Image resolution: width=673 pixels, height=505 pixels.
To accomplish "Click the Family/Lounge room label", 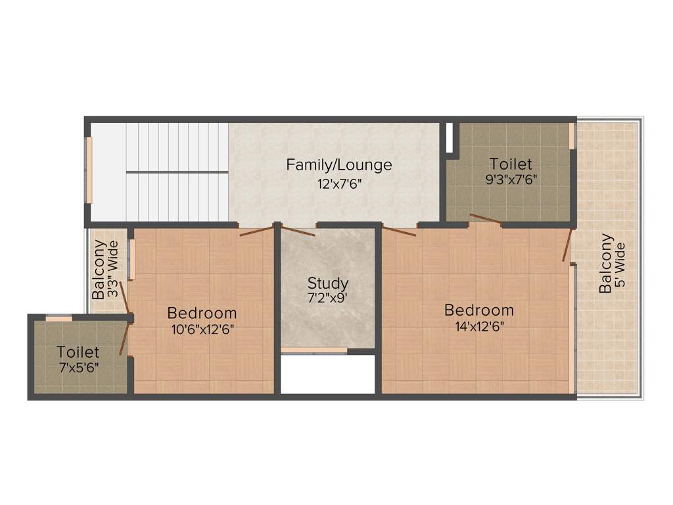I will point(338,164).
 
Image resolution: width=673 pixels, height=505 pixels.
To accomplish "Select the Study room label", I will point(328,283).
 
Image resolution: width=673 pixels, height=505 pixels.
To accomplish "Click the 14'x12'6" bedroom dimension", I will point(478,325).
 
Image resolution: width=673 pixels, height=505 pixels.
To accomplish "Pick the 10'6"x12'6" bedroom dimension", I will point(202,329).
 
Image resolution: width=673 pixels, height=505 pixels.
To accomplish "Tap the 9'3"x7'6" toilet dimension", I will point(511,180).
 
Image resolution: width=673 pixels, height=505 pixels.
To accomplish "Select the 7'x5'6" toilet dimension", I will point(78,368).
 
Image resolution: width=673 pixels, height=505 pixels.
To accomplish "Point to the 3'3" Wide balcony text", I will point(113,270).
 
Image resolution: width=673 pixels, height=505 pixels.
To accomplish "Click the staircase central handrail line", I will point(177,172).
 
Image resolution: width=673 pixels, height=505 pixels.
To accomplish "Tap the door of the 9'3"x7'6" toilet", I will point(486,219).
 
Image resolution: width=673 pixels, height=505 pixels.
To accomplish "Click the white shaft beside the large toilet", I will point(449,138).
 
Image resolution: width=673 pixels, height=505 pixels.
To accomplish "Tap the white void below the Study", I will point(327,374).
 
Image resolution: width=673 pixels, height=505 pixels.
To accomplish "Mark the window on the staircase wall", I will point(89,170).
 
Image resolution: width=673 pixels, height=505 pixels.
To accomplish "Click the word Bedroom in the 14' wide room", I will point(478,310).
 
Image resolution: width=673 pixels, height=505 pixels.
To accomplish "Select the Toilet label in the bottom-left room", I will point(78,352).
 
